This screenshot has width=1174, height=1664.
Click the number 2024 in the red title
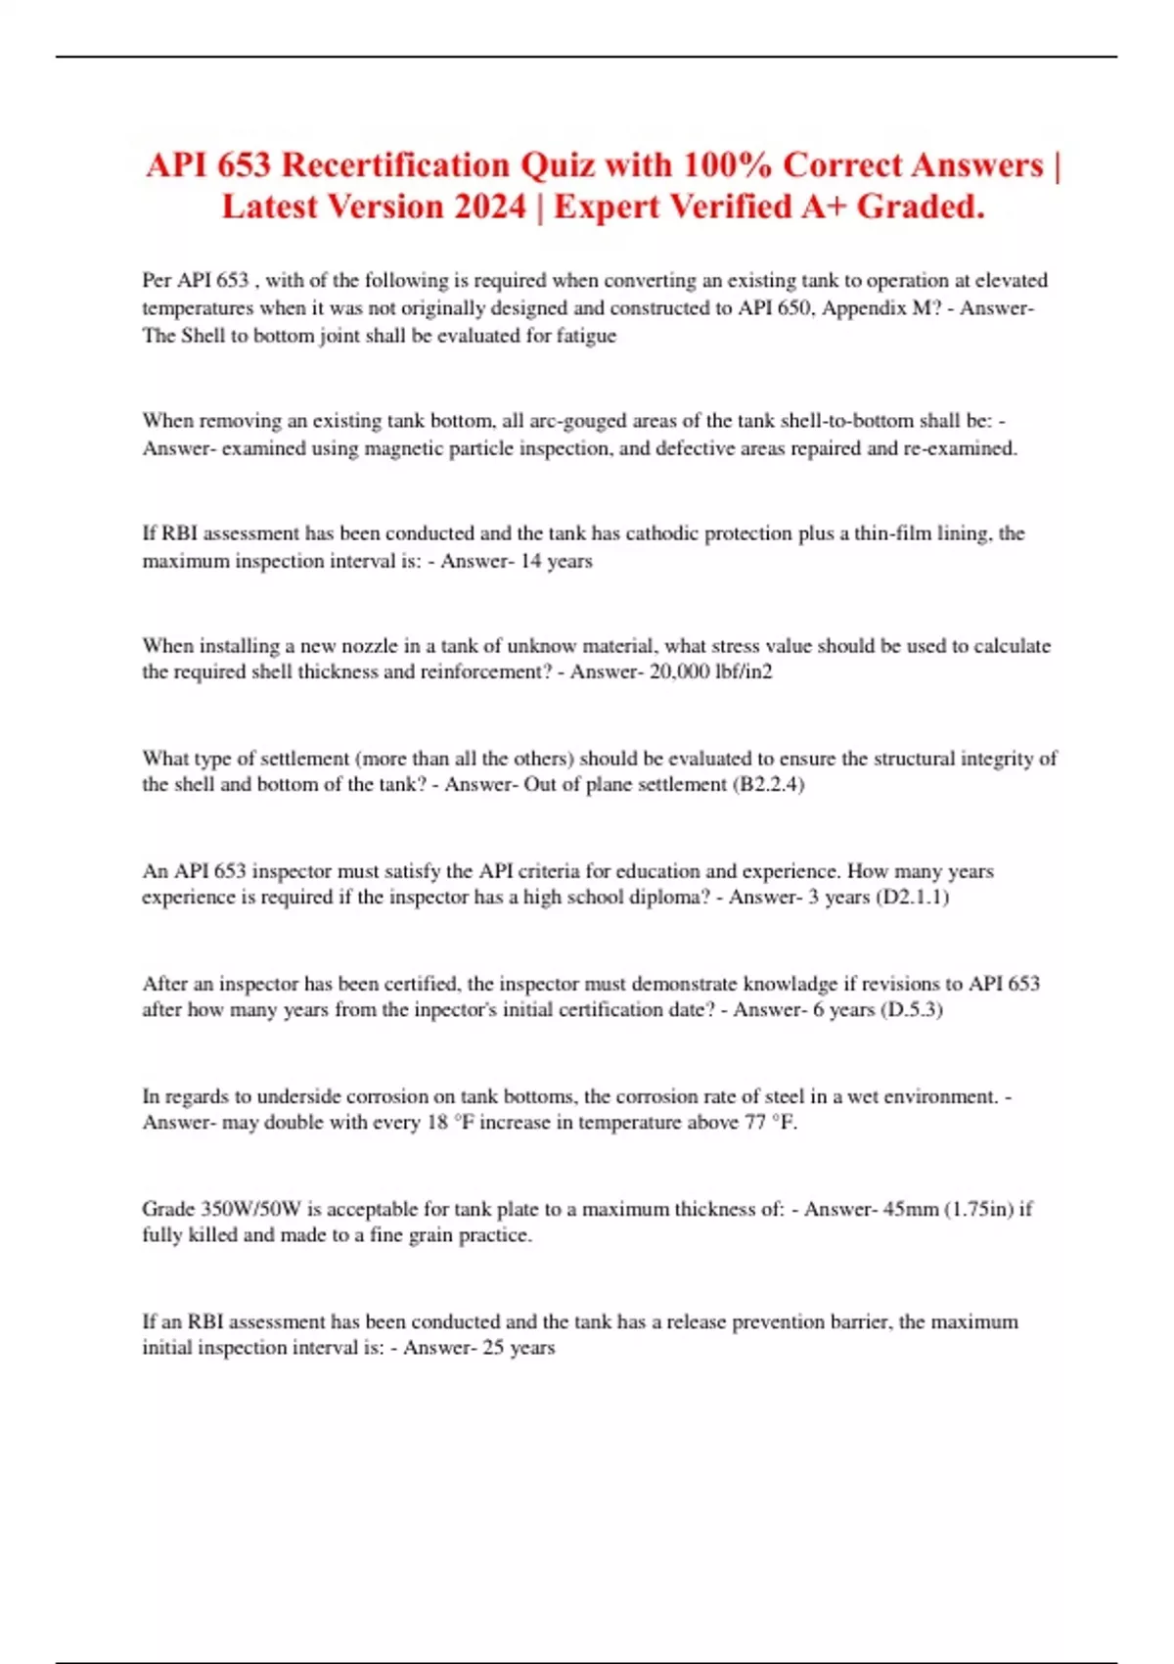[489, 207]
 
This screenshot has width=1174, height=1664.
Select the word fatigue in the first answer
[586, 336]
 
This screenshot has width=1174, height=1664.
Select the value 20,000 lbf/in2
[710, 672]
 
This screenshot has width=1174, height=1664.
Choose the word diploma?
[670, 898]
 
